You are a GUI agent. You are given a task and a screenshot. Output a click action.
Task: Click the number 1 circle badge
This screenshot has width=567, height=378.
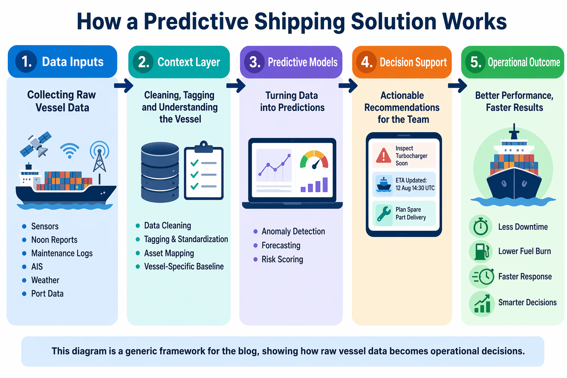click(26, 61)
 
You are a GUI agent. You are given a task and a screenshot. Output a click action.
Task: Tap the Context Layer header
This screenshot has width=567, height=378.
click(179, 62)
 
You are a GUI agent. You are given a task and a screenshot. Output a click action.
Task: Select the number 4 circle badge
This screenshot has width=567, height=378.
click(366, 62)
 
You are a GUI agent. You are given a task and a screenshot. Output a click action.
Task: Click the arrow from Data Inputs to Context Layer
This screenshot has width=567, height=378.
click(124, 86)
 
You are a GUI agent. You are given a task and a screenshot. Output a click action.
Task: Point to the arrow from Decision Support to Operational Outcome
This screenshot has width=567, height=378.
click(458, 86)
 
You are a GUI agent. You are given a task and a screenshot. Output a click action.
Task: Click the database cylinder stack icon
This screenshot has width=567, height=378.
click(160, 172)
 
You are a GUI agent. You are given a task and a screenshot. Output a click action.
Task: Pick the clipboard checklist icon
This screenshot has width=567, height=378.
click(203, 171)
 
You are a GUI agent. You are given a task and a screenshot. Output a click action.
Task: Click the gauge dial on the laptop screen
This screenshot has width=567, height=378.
click(314, 160)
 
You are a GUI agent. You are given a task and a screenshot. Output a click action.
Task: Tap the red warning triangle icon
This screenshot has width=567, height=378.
click(384, 155)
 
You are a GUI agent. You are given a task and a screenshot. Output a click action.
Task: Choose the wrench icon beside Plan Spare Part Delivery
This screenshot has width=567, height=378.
click(384, 213)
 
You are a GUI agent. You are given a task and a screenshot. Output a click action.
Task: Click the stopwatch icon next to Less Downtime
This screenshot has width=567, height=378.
click(481, 226)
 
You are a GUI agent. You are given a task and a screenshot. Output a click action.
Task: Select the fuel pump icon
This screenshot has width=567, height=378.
click(481, 251)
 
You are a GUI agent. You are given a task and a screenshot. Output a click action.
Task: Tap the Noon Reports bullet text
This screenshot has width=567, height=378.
click(54, 240)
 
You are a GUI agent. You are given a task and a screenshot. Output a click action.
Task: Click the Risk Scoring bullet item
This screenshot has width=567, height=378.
click(282, 260)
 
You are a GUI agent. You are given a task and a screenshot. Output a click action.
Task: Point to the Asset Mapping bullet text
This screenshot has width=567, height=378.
click(169, 253)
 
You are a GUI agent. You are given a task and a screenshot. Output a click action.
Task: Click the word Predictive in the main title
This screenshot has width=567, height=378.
click(196, 21)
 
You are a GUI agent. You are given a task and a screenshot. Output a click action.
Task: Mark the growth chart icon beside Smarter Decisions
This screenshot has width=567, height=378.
click(482, 303)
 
